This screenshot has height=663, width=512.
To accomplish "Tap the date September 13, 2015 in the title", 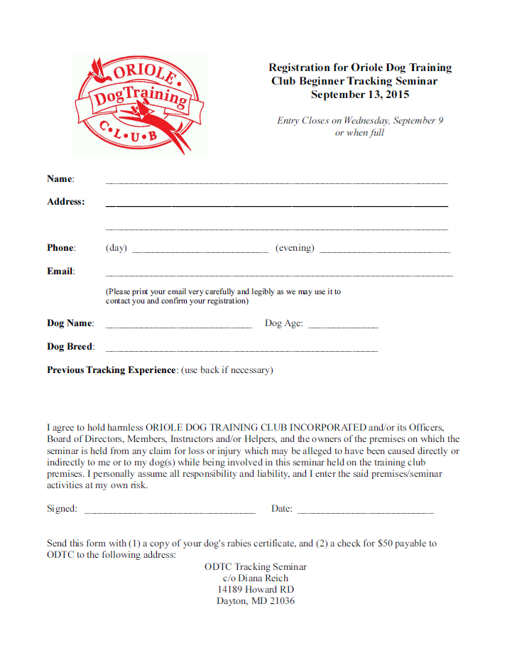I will [360, 95].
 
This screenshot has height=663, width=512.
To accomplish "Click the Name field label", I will [60, 179].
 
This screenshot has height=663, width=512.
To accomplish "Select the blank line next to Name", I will [277, 183].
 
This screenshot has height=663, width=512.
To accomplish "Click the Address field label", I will [65, 202].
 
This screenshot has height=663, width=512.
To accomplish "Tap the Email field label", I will [60, 271].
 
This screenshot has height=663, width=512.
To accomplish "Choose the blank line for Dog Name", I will [178, 326].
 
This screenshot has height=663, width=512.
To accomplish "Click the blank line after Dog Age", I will [343, 326].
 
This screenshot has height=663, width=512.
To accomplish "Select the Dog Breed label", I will [70, 347].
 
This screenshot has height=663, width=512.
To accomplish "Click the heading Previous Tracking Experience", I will [111, 370].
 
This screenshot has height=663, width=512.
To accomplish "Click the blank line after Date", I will [365, 512].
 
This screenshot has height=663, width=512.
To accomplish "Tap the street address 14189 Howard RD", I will [256, 590].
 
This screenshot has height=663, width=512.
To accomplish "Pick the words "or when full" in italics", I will [359, 133].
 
